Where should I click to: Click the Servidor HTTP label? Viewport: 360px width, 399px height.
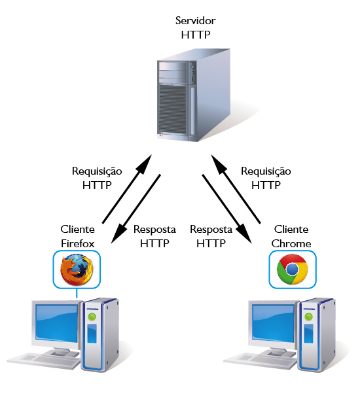click(x=196, y=27)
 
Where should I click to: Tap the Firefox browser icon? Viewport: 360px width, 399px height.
click(x=77, y=269)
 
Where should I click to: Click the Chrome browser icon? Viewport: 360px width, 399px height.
click(x=293, y=269)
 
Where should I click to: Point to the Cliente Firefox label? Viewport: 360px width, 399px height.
click(x=78, y=236)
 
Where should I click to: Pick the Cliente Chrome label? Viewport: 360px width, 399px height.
click(x=291, y=236)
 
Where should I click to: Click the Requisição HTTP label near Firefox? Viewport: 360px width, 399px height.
click(x=97, y=178)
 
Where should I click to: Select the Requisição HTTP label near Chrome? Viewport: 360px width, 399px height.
click(x=266, y=178)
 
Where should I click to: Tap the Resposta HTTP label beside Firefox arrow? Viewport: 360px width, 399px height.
click(x=154, y=236)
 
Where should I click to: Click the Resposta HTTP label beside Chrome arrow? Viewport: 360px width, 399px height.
click(x=211, y=236)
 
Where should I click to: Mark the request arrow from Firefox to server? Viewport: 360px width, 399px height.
click(x=127, y=189)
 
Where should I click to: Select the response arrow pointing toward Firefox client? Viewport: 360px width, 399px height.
click(x=135, y=209)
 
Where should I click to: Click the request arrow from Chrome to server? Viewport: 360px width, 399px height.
click(x=236, y=189)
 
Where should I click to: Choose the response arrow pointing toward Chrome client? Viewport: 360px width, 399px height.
click(x=227, y=209)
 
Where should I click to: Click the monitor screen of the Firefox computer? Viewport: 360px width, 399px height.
click(x=56, y=323)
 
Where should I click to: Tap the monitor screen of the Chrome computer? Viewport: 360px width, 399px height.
click(x=273, y=323)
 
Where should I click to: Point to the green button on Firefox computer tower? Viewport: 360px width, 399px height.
click(x=92, y=317)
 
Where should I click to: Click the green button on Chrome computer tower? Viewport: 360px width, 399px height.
click(x=308, y=317)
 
